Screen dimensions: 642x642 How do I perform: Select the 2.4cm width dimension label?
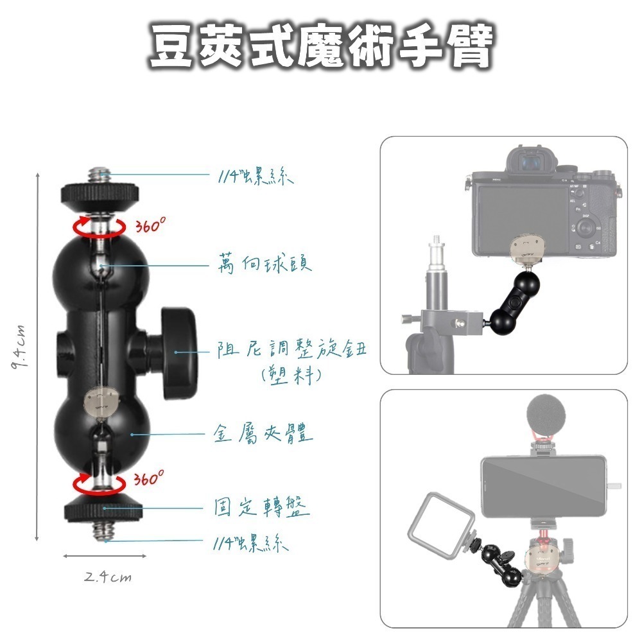tap(107, 577)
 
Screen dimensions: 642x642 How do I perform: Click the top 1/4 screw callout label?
tap(254, 177)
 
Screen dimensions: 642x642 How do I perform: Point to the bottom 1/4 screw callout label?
tap(250, 544)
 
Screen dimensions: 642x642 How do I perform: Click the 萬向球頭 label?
tap(264, 263)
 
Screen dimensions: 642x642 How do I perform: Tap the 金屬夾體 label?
tap(263, 435)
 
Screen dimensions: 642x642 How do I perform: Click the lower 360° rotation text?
tap(150, 479)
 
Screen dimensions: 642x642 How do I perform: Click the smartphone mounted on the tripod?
tap(542, 485)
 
